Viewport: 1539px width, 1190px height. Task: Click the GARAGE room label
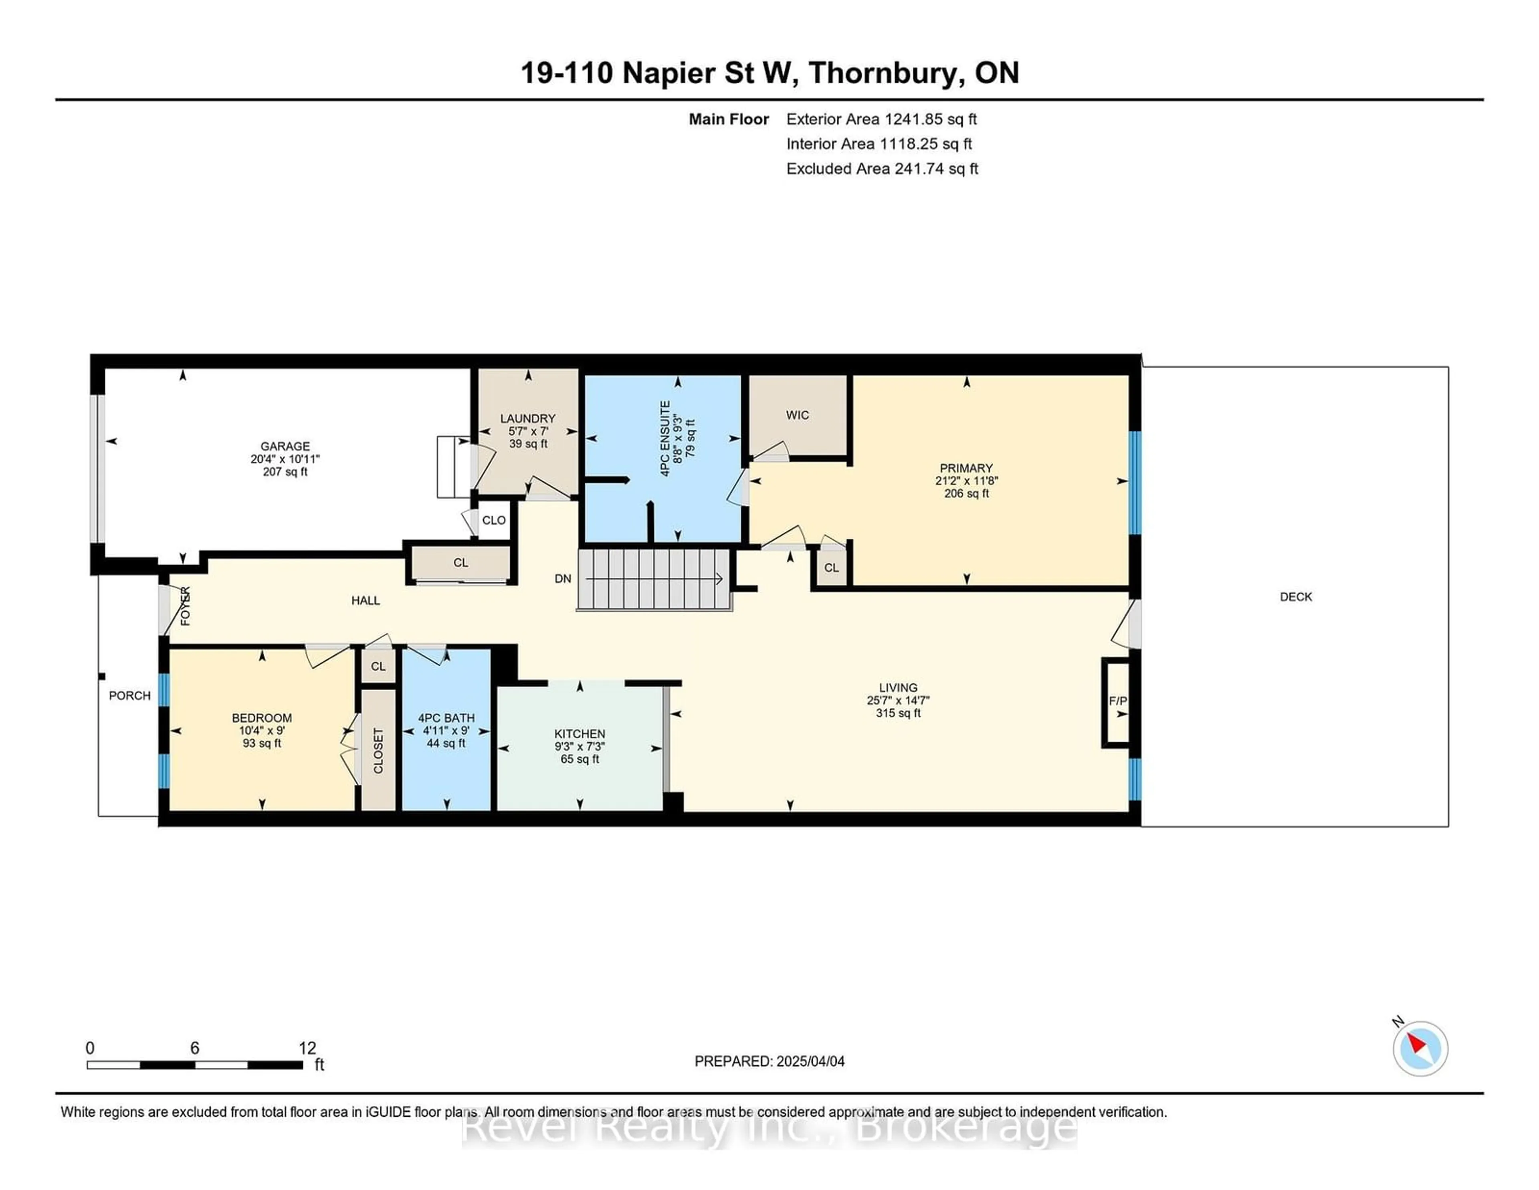click(x=285, y=446)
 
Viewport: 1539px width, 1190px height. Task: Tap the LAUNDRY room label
click(x=528, y=418)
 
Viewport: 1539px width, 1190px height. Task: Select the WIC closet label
click(x=797, y=415)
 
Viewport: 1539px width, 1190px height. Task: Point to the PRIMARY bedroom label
click(x=966, y=468)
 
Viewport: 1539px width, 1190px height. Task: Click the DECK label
click(x=1296, y=597)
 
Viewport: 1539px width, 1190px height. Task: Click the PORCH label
click(x=130, y=695)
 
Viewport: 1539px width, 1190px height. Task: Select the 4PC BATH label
click(x=446, y=718)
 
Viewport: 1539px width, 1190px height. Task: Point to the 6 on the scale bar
click(x=194, y=1048)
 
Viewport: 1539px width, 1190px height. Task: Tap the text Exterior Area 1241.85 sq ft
click(x=882, y=119)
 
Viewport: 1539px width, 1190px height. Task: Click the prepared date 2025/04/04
click(x=808, y=1061)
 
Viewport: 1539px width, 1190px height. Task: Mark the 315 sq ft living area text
click(x=898, y=713)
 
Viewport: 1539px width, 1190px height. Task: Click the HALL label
click(x=366, y=600)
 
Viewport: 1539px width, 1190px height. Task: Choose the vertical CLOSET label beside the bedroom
click(x=378, y=750)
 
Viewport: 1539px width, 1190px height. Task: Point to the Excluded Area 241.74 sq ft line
click(x=882, y=168)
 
